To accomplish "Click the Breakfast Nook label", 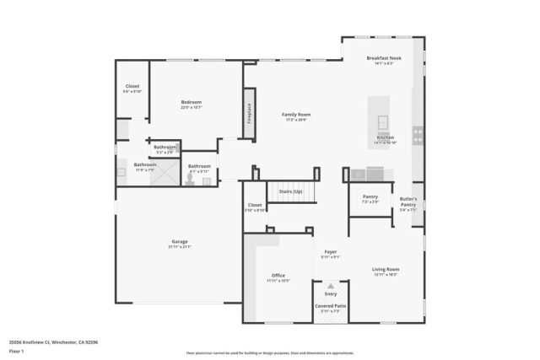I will point(384,58).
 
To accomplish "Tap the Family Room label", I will point(296,115).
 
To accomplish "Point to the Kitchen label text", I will point(385,137).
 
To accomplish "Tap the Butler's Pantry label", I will point(408,202).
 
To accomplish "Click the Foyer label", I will point(331,252).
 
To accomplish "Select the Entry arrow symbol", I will point(331,287).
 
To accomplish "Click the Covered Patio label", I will point(331,306).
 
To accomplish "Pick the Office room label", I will point(278,275).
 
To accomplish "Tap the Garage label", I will point(180,241).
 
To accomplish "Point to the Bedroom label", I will point(191,102).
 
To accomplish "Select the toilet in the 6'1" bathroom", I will point(192,178).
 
